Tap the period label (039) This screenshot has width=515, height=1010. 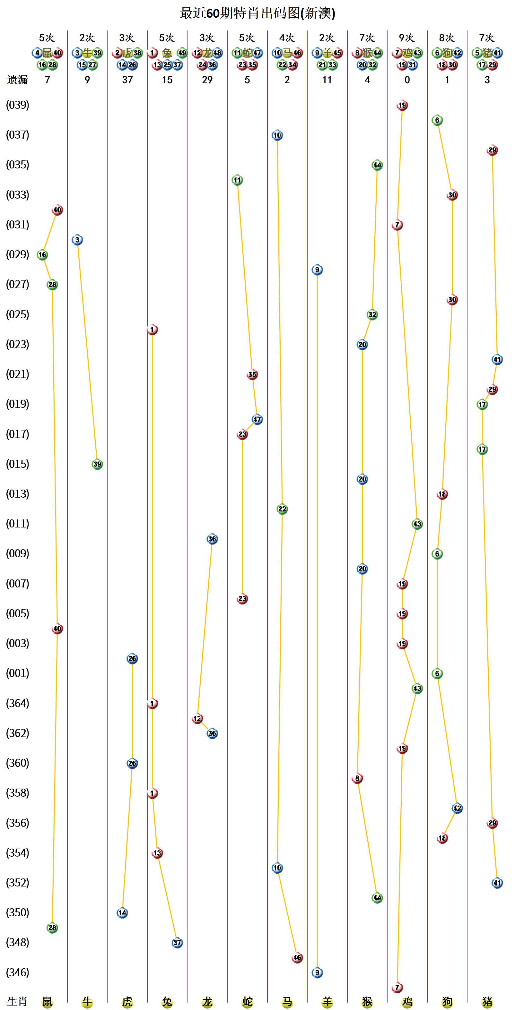click(x=18, y=105)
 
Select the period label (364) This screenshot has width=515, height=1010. click(x=18, y=703)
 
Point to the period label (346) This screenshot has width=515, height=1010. click(x=18, y=972)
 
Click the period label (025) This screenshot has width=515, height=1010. click(x=18, y=314)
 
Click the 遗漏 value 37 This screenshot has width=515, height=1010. click(x=127, y=80)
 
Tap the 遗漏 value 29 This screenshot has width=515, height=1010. click(x=207, y=80)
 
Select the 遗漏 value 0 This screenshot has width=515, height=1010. click(x=407, y=80)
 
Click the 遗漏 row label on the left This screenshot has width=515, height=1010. click(x=18, y=80)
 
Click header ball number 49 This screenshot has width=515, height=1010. click(x=182, y=53)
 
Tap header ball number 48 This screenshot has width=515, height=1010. click(x=217, y=53)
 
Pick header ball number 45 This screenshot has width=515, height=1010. click(x=337, y=53)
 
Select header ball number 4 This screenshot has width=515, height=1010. click(x=37, y=53)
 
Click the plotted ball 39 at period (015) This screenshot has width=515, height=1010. click(x=97, y=464)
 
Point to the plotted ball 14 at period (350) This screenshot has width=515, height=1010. click(x=122, y=913)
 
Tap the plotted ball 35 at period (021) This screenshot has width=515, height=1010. click(x=252, y=374)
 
